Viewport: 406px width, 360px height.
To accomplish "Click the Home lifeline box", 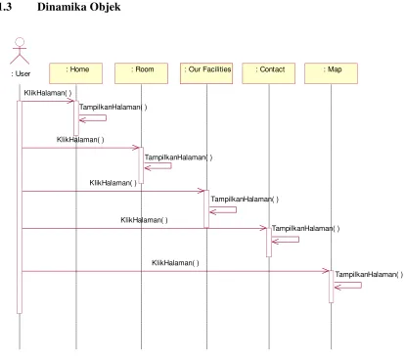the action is pos(75,73).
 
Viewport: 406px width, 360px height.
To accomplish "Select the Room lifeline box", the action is pos(141,73).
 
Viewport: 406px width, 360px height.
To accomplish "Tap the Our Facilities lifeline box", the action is pos(206,73).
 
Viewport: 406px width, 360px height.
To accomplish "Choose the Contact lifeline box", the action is pos(269,73).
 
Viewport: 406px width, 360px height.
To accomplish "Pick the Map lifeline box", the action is pos(331,73).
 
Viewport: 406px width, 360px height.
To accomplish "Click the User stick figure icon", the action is pos(20,51).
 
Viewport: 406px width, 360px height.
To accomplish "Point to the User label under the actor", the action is pos(21,73).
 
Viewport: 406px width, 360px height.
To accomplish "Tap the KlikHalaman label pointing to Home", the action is pos(48,93).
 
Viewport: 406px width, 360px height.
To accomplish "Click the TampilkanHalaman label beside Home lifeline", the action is pos(113,107).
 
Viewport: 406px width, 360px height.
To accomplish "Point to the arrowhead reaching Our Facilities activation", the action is pos(201,191).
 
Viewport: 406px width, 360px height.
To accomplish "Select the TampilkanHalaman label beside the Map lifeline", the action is pos(369,275).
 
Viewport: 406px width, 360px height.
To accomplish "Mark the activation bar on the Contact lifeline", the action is pos(269,243).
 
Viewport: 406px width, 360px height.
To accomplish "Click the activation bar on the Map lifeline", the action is pos(331,287).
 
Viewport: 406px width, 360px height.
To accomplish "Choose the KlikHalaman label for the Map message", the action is pos(175,263).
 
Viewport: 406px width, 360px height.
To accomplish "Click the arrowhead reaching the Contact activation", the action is pos(263,228).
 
